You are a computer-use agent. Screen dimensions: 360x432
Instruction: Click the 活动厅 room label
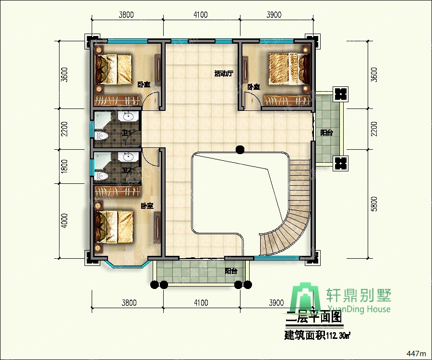(224, 74)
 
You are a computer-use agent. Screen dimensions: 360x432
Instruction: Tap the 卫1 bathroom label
(127, 133)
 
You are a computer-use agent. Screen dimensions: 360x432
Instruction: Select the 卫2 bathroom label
(127, 170)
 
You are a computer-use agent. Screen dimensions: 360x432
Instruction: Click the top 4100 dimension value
(201, 15)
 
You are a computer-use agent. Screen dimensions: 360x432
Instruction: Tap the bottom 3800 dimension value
(129, 302)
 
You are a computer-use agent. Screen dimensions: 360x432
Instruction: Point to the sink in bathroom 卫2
(128, 157)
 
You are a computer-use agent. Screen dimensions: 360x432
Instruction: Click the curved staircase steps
(288, 226)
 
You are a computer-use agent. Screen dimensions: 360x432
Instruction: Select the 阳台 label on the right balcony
(326, 133)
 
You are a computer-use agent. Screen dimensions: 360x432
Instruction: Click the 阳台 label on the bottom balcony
(231, 271)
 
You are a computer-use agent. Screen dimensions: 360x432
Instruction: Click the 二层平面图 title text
(313, 317)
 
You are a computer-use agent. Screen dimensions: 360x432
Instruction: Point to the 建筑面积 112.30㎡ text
(317, 335)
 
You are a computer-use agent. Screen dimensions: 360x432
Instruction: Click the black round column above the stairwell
(240, 150)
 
